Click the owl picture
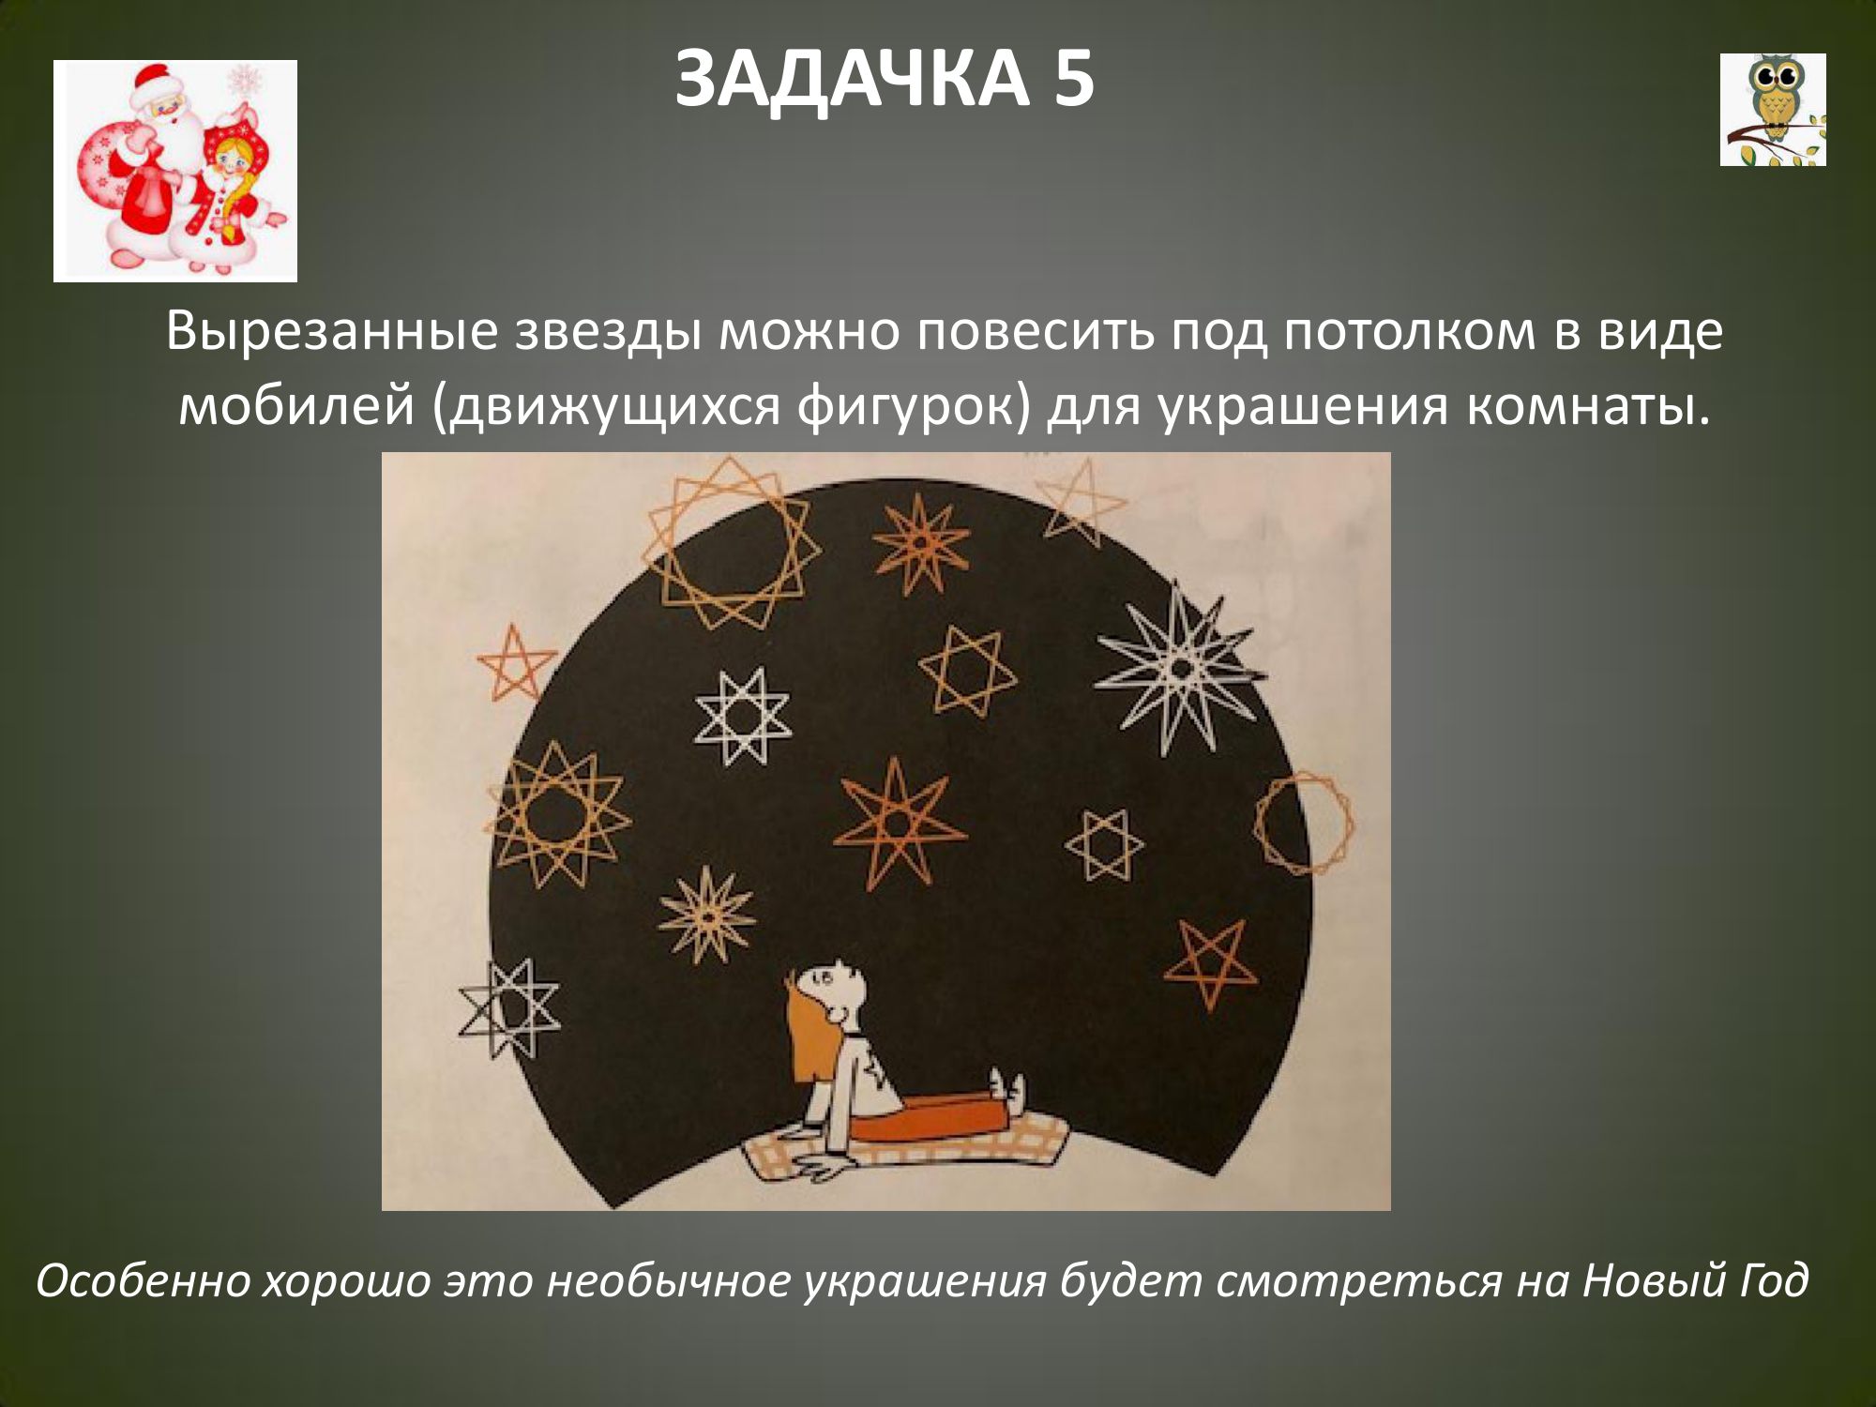[x=1773, y=110]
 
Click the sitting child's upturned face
[x=835, y=990]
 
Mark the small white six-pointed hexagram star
[x=1104, y=844]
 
